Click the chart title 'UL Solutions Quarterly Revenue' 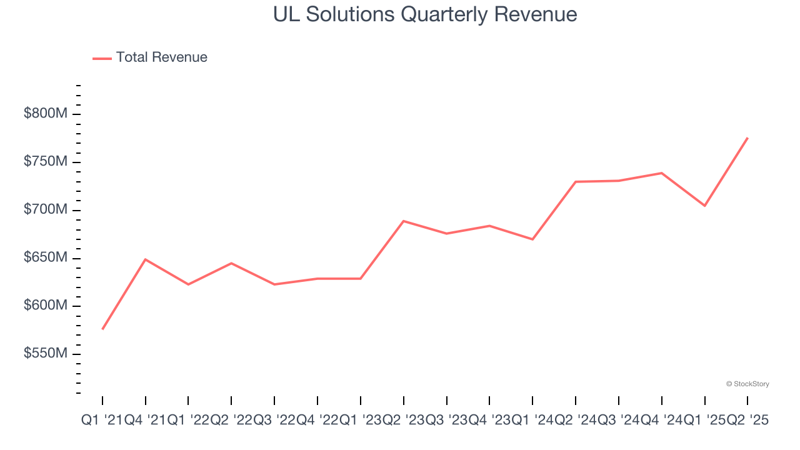coord(425,14)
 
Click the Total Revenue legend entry coord(150,57)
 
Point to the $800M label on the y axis coord(46,114)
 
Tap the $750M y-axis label coord(46,162)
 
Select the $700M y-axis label coord(46,210)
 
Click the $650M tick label coord(46,258)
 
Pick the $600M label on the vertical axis coord(46,306)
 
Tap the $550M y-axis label coord(46,354)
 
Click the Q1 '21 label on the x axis coord(102,421)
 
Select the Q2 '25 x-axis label coord(747,421)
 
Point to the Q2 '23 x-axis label coord(404,421)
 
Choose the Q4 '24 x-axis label coord(662,421)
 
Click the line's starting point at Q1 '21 coord(102,329)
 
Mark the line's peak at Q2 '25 coord(747,137)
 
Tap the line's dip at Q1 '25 coord(705,206)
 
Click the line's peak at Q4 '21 coord(146,259)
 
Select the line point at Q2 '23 coord(404,221)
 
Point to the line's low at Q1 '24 coord(532,239)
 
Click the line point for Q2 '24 coord(576,182)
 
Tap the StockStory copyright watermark coord(747,384)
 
